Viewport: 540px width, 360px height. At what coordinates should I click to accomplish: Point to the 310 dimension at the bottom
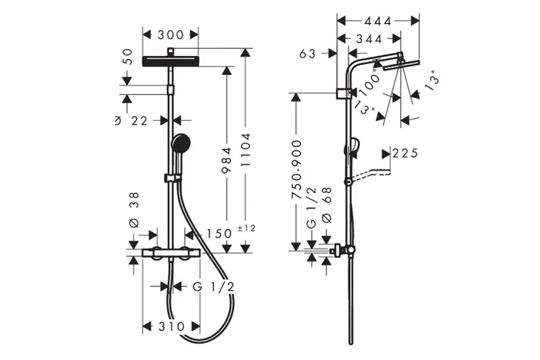170,326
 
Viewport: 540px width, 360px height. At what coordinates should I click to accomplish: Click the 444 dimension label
378,21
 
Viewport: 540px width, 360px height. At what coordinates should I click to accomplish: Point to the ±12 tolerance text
246,228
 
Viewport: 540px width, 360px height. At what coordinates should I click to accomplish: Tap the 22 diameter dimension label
139,121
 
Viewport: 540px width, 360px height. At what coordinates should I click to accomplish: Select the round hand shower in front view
180,142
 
